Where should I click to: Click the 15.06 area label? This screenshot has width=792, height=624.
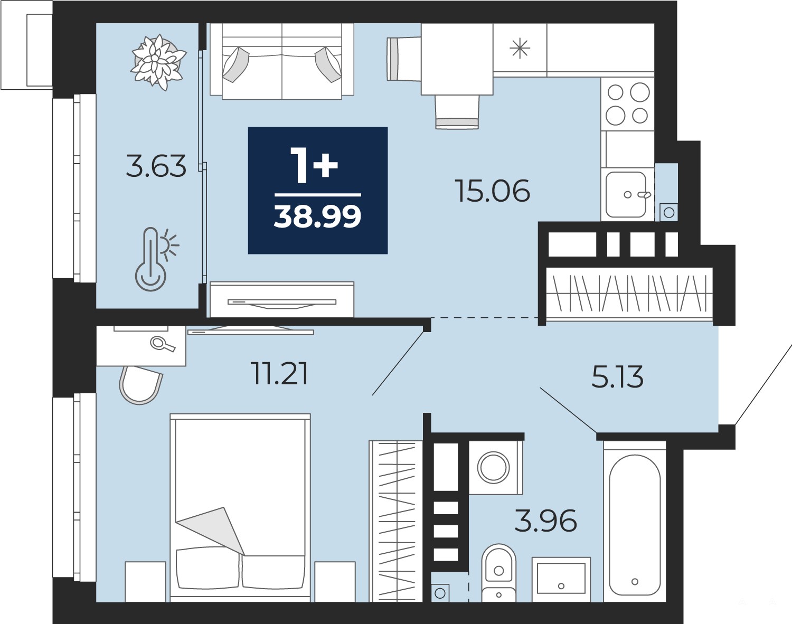tap(493, 190)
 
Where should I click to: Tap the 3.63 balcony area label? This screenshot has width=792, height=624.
tap(156, 166)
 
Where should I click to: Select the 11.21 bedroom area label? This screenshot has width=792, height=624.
tap(279, 373)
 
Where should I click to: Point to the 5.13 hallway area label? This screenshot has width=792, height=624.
tap(618, 376)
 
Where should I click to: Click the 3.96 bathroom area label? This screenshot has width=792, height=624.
tap(545, 521)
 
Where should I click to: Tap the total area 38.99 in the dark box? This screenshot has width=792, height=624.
tap(317, 216)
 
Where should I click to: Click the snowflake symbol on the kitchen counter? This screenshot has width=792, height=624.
tap(520, 49)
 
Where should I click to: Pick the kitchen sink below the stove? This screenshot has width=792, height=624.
tap(627, 194)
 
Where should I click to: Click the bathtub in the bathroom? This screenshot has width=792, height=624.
tap(635, 522)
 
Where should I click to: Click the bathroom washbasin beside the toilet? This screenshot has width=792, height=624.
tap(561, 580)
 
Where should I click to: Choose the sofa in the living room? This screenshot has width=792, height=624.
tap(282, 61)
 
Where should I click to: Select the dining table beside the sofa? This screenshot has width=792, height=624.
tap(457, 59)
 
